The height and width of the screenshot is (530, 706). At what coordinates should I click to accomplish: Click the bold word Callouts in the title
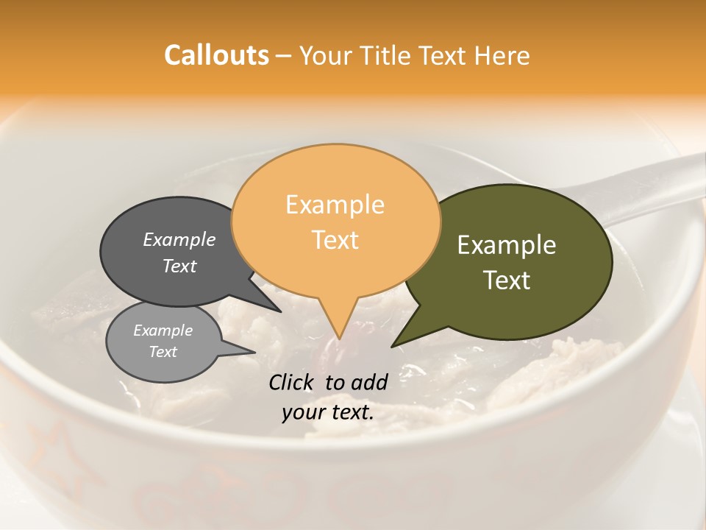pos(217,55)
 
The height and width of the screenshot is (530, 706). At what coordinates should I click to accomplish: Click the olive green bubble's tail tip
pos(391,346)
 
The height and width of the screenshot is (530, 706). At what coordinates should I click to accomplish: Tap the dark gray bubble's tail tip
pos(280,311)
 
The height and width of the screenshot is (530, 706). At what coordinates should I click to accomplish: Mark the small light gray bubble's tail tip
pos(255,352)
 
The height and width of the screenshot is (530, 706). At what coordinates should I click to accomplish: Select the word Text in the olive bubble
pos(507,280)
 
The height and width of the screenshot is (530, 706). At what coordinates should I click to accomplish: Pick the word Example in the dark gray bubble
pos(179,239)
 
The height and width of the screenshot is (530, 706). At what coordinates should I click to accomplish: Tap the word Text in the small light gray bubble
pos(163,352)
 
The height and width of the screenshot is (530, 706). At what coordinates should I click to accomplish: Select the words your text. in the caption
pos(328,412)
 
